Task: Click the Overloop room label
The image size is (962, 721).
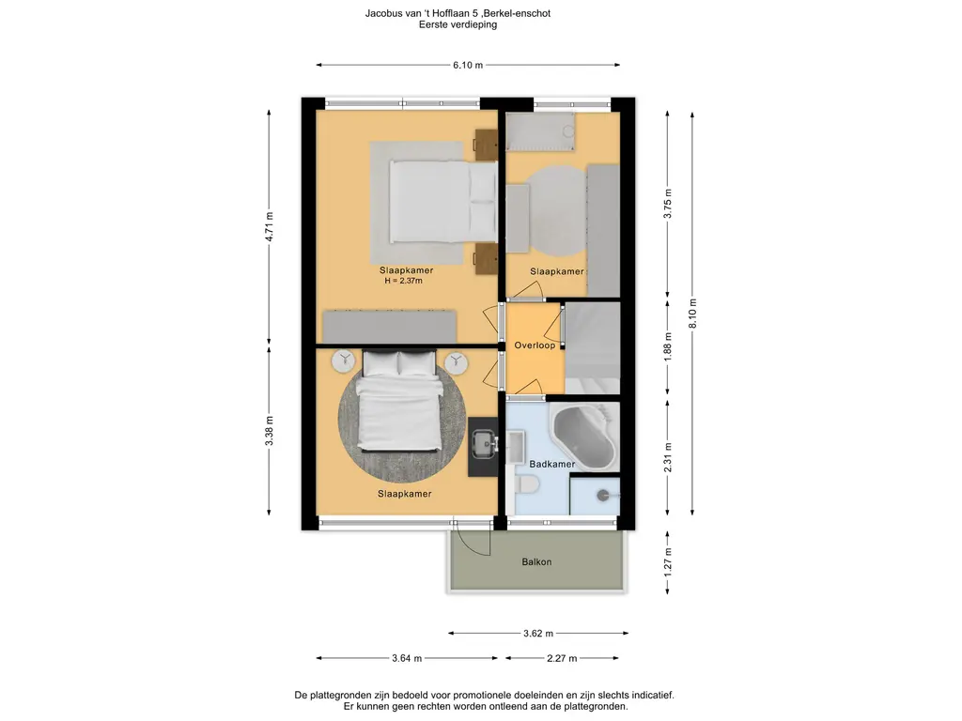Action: (x=535, y=345)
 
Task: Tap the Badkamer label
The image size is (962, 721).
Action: (x=552, y=464)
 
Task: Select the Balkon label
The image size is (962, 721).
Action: (x=536, y=561)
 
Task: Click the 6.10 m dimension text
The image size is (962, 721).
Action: (x=468, y=65)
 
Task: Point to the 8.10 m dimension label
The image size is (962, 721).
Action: (x=692, y=314)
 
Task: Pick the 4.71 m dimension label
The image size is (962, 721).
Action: (x=270, y=227)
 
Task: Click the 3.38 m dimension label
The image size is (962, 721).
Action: (x=270, y=431)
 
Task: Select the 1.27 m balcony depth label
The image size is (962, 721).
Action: (x=668, y=561)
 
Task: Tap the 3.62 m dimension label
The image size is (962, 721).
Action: (x=538, y=634)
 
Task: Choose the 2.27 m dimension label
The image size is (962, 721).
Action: (x=562, y=658)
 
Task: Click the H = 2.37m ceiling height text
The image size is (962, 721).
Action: (x=404, y=281)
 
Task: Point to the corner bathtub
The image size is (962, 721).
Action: (x=584, y=437)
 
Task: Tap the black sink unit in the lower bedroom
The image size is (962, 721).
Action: (x=484, y=446)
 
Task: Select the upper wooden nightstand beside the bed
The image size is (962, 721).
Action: (x=486, y=140)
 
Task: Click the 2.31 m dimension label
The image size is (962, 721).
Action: (x=668, y=457)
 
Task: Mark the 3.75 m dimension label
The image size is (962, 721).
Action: (x=668, y=203)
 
